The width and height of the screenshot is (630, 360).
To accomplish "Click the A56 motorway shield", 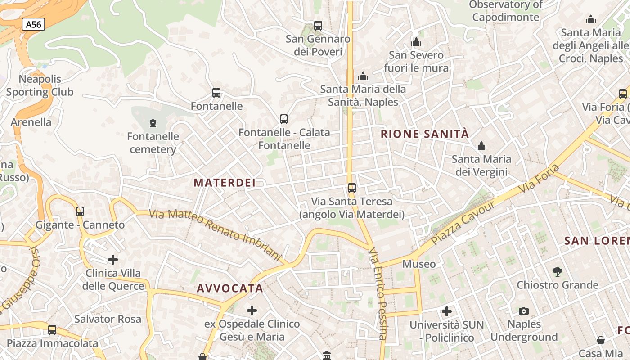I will point(34,24).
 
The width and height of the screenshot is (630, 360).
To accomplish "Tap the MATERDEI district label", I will point(225,183).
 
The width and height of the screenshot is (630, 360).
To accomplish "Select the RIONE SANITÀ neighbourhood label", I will point(425,134).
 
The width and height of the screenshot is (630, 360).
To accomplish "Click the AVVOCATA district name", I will point(230,288).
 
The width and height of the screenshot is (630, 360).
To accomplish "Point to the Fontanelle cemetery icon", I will point(153,123).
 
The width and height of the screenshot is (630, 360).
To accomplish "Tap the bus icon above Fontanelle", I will point(216,93).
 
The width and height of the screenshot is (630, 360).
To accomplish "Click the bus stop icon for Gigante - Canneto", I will point(80,211).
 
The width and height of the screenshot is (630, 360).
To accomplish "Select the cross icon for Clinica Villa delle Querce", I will point(113,260).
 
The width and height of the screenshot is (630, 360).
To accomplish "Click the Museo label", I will point(419,264).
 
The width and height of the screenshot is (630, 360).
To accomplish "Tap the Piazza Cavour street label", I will point(463,222).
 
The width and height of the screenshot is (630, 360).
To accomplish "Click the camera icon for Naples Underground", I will point(523,311).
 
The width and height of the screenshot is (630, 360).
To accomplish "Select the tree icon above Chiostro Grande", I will point(558,271).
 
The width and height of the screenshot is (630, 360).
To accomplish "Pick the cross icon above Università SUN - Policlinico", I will point(447,311).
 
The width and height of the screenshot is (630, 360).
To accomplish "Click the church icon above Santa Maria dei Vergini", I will point(481,146).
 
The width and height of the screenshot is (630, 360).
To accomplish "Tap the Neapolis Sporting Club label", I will point(40,85).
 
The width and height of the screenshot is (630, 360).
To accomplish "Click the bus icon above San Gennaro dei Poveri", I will point(318,26).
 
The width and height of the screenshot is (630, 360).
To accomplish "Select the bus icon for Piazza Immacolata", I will point(52,330).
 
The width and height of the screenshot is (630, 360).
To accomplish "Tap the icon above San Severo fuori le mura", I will point(416,42).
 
